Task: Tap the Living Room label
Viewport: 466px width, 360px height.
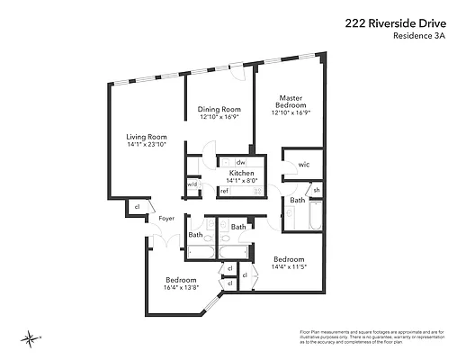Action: (x=146, y=137)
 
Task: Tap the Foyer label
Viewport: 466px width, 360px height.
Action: (x=166, y=219)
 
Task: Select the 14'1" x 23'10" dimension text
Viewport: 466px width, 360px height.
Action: (x=146, y=145)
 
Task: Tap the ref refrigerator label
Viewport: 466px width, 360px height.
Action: (x=224, y=191)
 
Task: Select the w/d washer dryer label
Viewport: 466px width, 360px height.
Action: (x=192, y=184)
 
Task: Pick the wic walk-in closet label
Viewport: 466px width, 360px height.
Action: (x=303, y=165)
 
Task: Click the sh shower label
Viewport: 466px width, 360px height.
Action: (x=316, y=190)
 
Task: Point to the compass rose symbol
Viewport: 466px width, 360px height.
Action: (x=31, y=338)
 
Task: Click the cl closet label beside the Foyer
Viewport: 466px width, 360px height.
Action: (x=137, y=206)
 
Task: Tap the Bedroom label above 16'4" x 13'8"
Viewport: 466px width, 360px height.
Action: (x=180, y=278)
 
